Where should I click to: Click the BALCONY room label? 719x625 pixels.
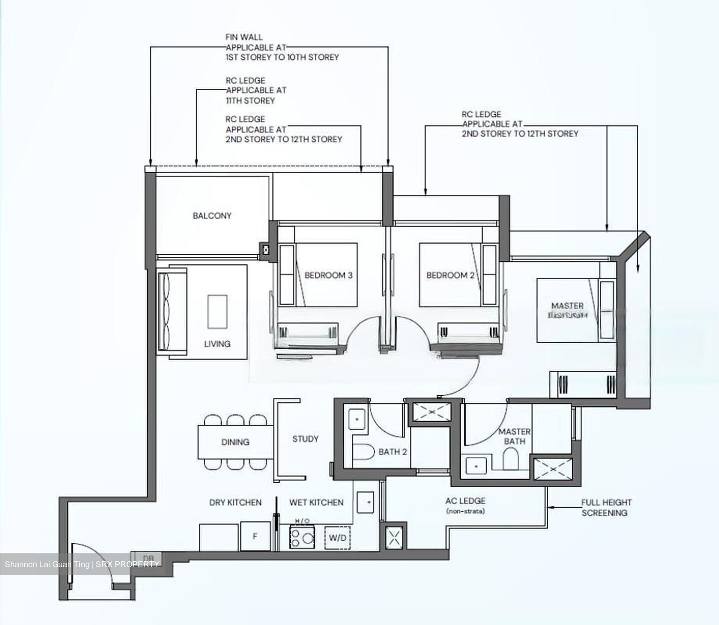pyautogui.click(x=212, y=216)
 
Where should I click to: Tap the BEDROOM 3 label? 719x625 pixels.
pyautogui.click(x=328, y=275)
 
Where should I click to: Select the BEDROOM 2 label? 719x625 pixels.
pyautogui.click(x=450, y=275)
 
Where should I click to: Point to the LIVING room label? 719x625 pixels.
pyautogui.click(x=217, y=344)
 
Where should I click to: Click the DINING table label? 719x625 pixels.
pyautogui.click(x=235, y=442)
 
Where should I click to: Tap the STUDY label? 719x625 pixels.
pyautogui.click(x=305, y=439)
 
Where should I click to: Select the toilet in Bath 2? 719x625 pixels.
pyautogui.click(x=363, y=453)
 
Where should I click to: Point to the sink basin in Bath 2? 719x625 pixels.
pyautogui.click(x=357, y=419)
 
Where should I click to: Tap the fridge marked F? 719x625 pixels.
pyautogui.click(x=255, y=536)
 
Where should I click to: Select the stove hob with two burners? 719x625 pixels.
pyautogui.click(x=302, y=538)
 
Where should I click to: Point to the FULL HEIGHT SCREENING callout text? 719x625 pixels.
pyautogui.click(x=606, y=507)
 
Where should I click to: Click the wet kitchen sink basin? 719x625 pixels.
pyautogui.click(x=366, y=502)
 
